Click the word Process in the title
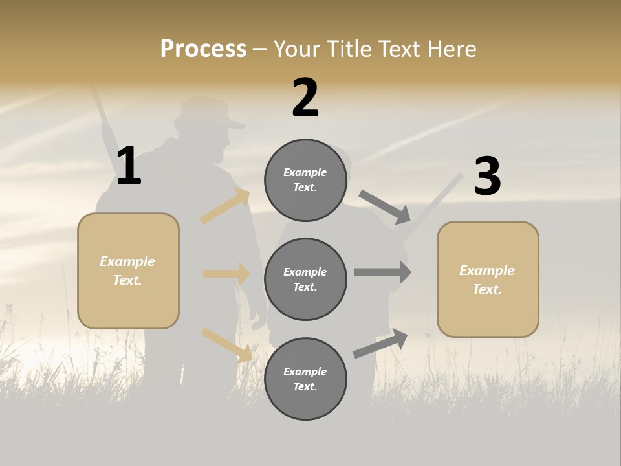203,49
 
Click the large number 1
129,166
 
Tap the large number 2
305,98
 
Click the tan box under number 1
128,271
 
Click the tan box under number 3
488,279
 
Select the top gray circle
305,180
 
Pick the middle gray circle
305,279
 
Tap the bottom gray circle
305,379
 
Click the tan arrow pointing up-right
225,206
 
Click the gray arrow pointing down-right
385,206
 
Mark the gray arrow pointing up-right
381,344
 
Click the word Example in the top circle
305,172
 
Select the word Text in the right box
487,289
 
